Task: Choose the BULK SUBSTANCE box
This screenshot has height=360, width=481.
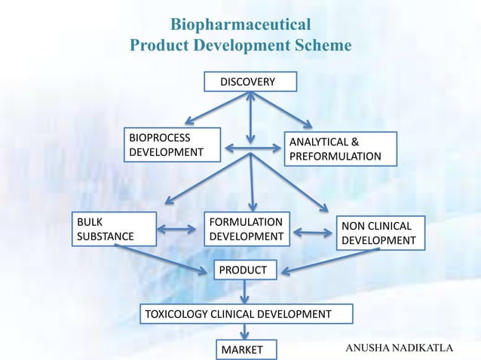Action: click(115, 229)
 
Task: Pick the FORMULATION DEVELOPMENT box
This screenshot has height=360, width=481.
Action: click(247, 229)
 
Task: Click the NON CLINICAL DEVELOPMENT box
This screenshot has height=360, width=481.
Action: click(378, 233)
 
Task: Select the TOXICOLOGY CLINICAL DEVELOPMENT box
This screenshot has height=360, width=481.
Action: click(237, 313)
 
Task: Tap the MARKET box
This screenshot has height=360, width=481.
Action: click(245, 349)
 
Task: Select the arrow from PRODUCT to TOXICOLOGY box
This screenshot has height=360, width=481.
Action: click(245, 291)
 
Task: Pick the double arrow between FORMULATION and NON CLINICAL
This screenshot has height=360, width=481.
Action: click(311, 233)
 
